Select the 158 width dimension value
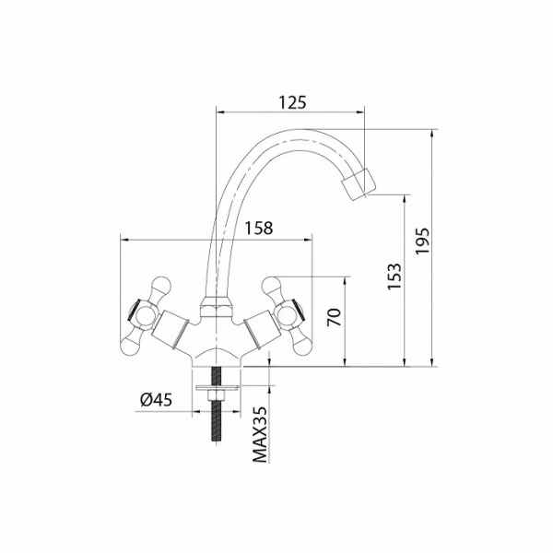(259, 229)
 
